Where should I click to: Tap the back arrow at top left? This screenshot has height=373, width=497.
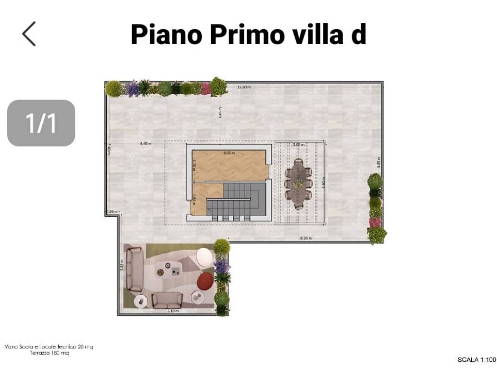click(x=29, y=34)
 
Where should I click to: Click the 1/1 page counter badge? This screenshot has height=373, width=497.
click(x=41, y=123)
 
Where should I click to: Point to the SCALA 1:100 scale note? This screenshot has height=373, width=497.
click(x=477, y=360)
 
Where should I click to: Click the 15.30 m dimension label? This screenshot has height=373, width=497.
click(x=244, y=87)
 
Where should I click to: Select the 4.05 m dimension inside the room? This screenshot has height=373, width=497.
click(x=229, y=153)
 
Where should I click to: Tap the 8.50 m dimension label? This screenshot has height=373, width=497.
click(x=306, y=238)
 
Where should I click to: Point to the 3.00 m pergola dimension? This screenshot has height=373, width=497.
click(x=299, y=145)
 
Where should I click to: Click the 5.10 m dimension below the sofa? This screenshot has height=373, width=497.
click(x=173, y=311)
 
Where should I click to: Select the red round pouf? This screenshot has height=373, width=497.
click(x=206, y=280)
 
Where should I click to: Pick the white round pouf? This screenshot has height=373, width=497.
click(x=204, y=256)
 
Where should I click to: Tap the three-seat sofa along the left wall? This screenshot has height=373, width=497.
click(x=133, y=269)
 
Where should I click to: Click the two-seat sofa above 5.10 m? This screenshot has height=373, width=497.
click(x=167, y=300)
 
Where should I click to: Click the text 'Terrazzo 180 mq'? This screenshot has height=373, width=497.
click(x=49, y=353)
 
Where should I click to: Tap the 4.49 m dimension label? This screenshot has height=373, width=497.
click(x=146, y=144)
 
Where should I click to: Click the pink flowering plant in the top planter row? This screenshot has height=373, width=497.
click(x=206, y=89)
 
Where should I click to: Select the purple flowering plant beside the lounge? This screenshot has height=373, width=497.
click(x=221, y=266)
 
